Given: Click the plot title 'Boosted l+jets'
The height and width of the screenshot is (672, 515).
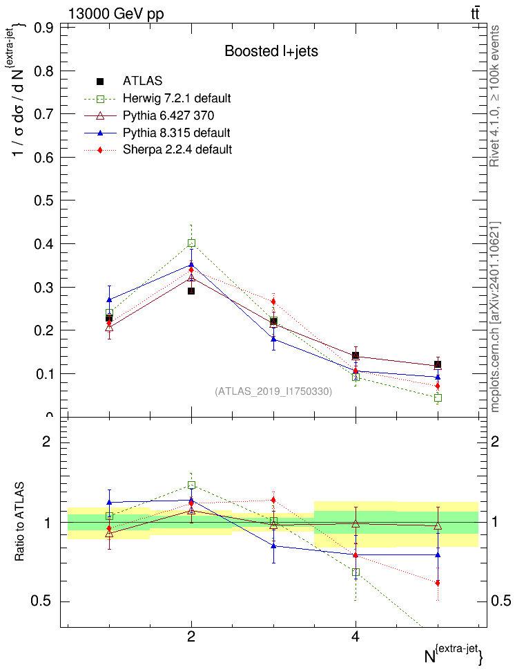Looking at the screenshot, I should click(271, 51).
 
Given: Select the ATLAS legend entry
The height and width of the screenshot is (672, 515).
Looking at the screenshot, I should click(142, 81).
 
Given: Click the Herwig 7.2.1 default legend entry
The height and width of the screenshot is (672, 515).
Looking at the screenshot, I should click(177, 97).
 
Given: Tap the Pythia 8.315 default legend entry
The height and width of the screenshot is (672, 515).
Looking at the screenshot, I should click(176, 132).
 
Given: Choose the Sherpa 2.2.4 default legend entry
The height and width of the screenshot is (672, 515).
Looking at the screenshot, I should click(177, 149).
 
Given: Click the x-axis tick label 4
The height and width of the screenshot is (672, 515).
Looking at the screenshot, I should click(356, 637).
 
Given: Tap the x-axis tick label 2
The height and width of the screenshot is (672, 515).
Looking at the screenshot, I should click(191, 637).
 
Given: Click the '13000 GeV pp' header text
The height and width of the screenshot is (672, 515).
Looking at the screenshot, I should click(116, 14).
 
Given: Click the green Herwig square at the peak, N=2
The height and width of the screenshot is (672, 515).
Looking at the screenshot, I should click(191, 243).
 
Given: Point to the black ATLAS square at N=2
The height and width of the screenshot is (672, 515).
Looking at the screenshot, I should click(191, 291).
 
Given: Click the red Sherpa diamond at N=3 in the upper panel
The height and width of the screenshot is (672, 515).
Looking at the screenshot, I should click(273, 301).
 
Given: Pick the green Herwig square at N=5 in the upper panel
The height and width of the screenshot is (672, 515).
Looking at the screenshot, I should click(438, 398).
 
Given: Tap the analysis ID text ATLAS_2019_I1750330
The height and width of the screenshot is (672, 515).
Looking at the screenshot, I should click(273, 391).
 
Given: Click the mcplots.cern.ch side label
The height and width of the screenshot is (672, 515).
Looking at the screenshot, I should click(495, 318).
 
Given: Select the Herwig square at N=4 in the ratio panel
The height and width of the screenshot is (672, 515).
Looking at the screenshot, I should click(356, 572).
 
